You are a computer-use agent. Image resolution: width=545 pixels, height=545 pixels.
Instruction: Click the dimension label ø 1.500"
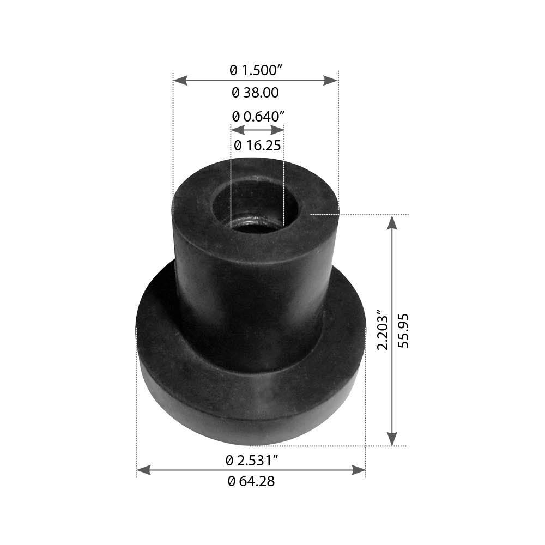(256, 70)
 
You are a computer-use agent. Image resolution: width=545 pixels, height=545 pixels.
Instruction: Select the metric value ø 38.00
(256, 93)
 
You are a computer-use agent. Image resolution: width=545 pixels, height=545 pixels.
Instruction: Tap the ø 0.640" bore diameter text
(258, 116)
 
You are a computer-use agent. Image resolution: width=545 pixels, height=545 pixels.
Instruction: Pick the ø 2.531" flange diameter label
(252, 461)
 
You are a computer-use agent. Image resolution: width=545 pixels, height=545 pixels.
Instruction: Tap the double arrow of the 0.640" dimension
(257, 130)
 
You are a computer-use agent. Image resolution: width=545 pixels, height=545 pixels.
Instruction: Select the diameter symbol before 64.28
(232, 481)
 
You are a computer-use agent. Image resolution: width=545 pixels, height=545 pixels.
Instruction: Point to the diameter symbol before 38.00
(235, 93)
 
